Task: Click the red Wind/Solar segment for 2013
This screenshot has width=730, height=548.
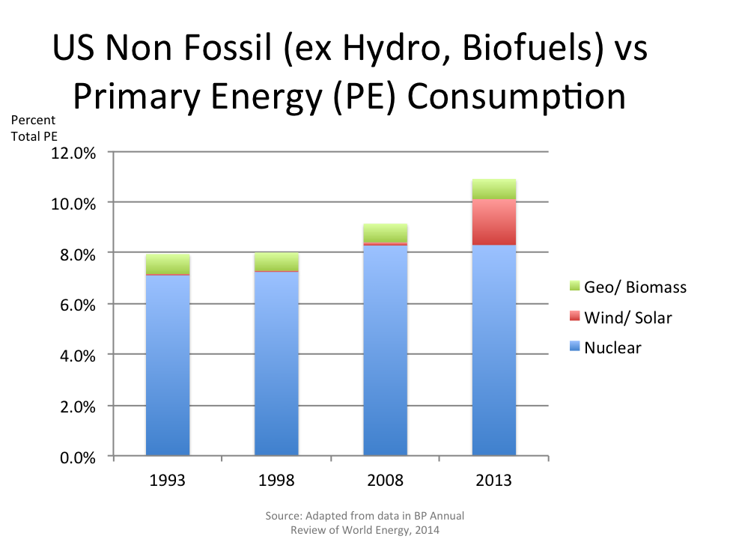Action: click(494, 222)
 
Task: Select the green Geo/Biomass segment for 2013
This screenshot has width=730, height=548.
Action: click(494, 189)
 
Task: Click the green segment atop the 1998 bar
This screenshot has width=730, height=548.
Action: click(276, 261)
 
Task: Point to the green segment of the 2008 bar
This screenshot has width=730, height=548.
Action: click(385, 233)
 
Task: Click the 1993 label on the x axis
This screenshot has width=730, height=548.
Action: click(168, 480)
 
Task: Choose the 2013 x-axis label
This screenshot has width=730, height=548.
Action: click(494, 480)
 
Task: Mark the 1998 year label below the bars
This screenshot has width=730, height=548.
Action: click(276, 480)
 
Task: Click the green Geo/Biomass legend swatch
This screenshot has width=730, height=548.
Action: click(574, 286)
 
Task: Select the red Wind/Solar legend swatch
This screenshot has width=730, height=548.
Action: click(574, 317)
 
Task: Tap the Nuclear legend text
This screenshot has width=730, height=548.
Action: click(612, 347)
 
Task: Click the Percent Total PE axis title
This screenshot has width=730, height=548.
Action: click(34, 128)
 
